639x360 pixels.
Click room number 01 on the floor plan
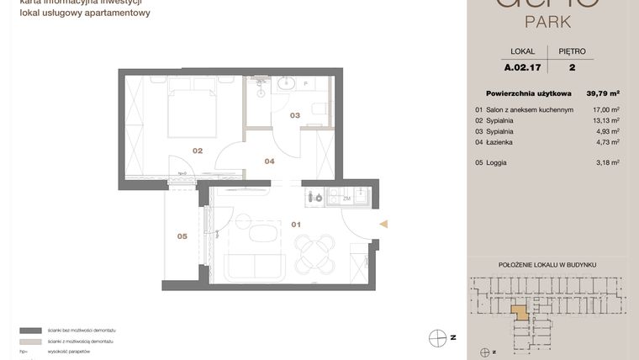295,225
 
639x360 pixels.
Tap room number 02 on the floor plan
198,151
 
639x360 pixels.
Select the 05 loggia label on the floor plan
182,236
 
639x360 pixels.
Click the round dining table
314,251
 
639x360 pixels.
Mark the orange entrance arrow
383,225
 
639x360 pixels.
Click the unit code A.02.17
522,66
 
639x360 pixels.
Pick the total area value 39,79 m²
603,93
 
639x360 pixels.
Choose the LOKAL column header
522,50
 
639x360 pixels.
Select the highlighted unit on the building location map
522,312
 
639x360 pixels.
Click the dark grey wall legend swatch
31,331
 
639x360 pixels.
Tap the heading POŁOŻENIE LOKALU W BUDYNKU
547,264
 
